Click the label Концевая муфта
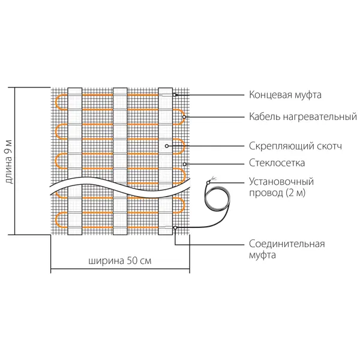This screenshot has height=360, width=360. pos(285,95)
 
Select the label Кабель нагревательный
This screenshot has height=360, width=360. pos(303,116)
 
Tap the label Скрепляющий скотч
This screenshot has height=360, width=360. pos(295,146)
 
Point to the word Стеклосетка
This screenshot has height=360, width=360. pos(277,163)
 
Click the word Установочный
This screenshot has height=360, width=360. pos(281,182)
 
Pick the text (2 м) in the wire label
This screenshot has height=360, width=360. pos(296,193)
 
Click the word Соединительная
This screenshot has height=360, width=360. pos(287,244)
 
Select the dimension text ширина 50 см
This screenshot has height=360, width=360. pos(120,261)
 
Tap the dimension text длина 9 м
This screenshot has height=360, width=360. pos(8,161)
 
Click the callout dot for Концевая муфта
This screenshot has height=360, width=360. pos(175,95)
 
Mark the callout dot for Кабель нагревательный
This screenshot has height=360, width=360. pos(184,117)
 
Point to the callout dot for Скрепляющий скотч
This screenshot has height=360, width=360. pos(167,146)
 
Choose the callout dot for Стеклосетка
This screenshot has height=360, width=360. pos(185,164)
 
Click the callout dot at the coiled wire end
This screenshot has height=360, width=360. pos(208,182)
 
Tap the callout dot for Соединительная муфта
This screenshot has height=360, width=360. pos(175,227)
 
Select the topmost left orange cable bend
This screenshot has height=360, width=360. pos(56,102)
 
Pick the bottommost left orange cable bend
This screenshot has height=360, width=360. pos(56,220)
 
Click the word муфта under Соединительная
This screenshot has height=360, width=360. pos(262,255)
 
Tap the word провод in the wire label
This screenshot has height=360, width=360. pos(266,193)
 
